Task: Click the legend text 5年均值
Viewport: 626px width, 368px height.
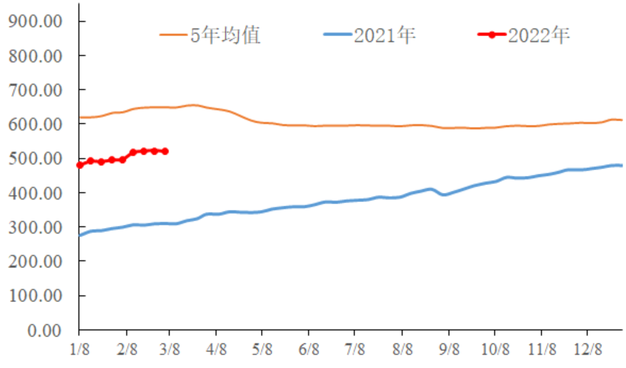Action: tap(226, 35)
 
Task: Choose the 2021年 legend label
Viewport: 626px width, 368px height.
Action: tap(384, 35)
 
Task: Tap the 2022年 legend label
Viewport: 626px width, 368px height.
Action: tap(539, 35)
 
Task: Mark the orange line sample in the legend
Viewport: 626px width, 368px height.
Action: tap(173, 35)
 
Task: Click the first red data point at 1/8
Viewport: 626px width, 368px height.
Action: tap(79, 165)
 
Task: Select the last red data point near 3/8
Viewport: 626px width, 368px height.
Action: tap(165, 151)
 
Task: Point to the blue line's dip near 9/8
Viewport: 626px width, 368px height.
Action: tap(445, 194)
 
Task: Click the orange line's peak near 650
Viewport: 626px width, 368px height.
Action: tap(193, 105)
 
